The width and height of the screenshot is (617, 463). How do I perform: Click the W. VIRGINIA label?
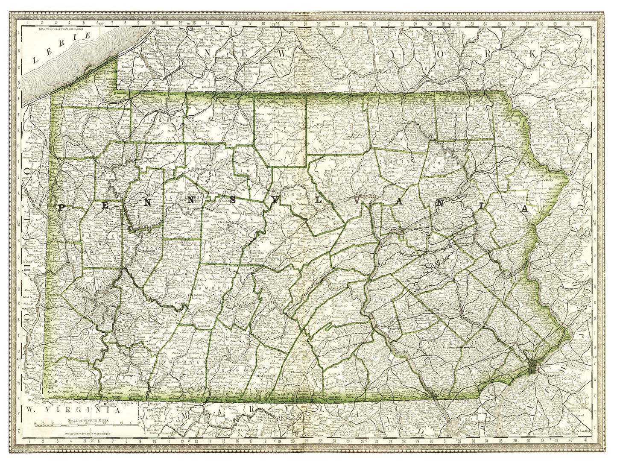[x=71, y=409]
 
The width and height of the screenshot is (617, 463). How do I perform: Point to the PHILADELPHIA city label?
[x=550, y=371]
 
